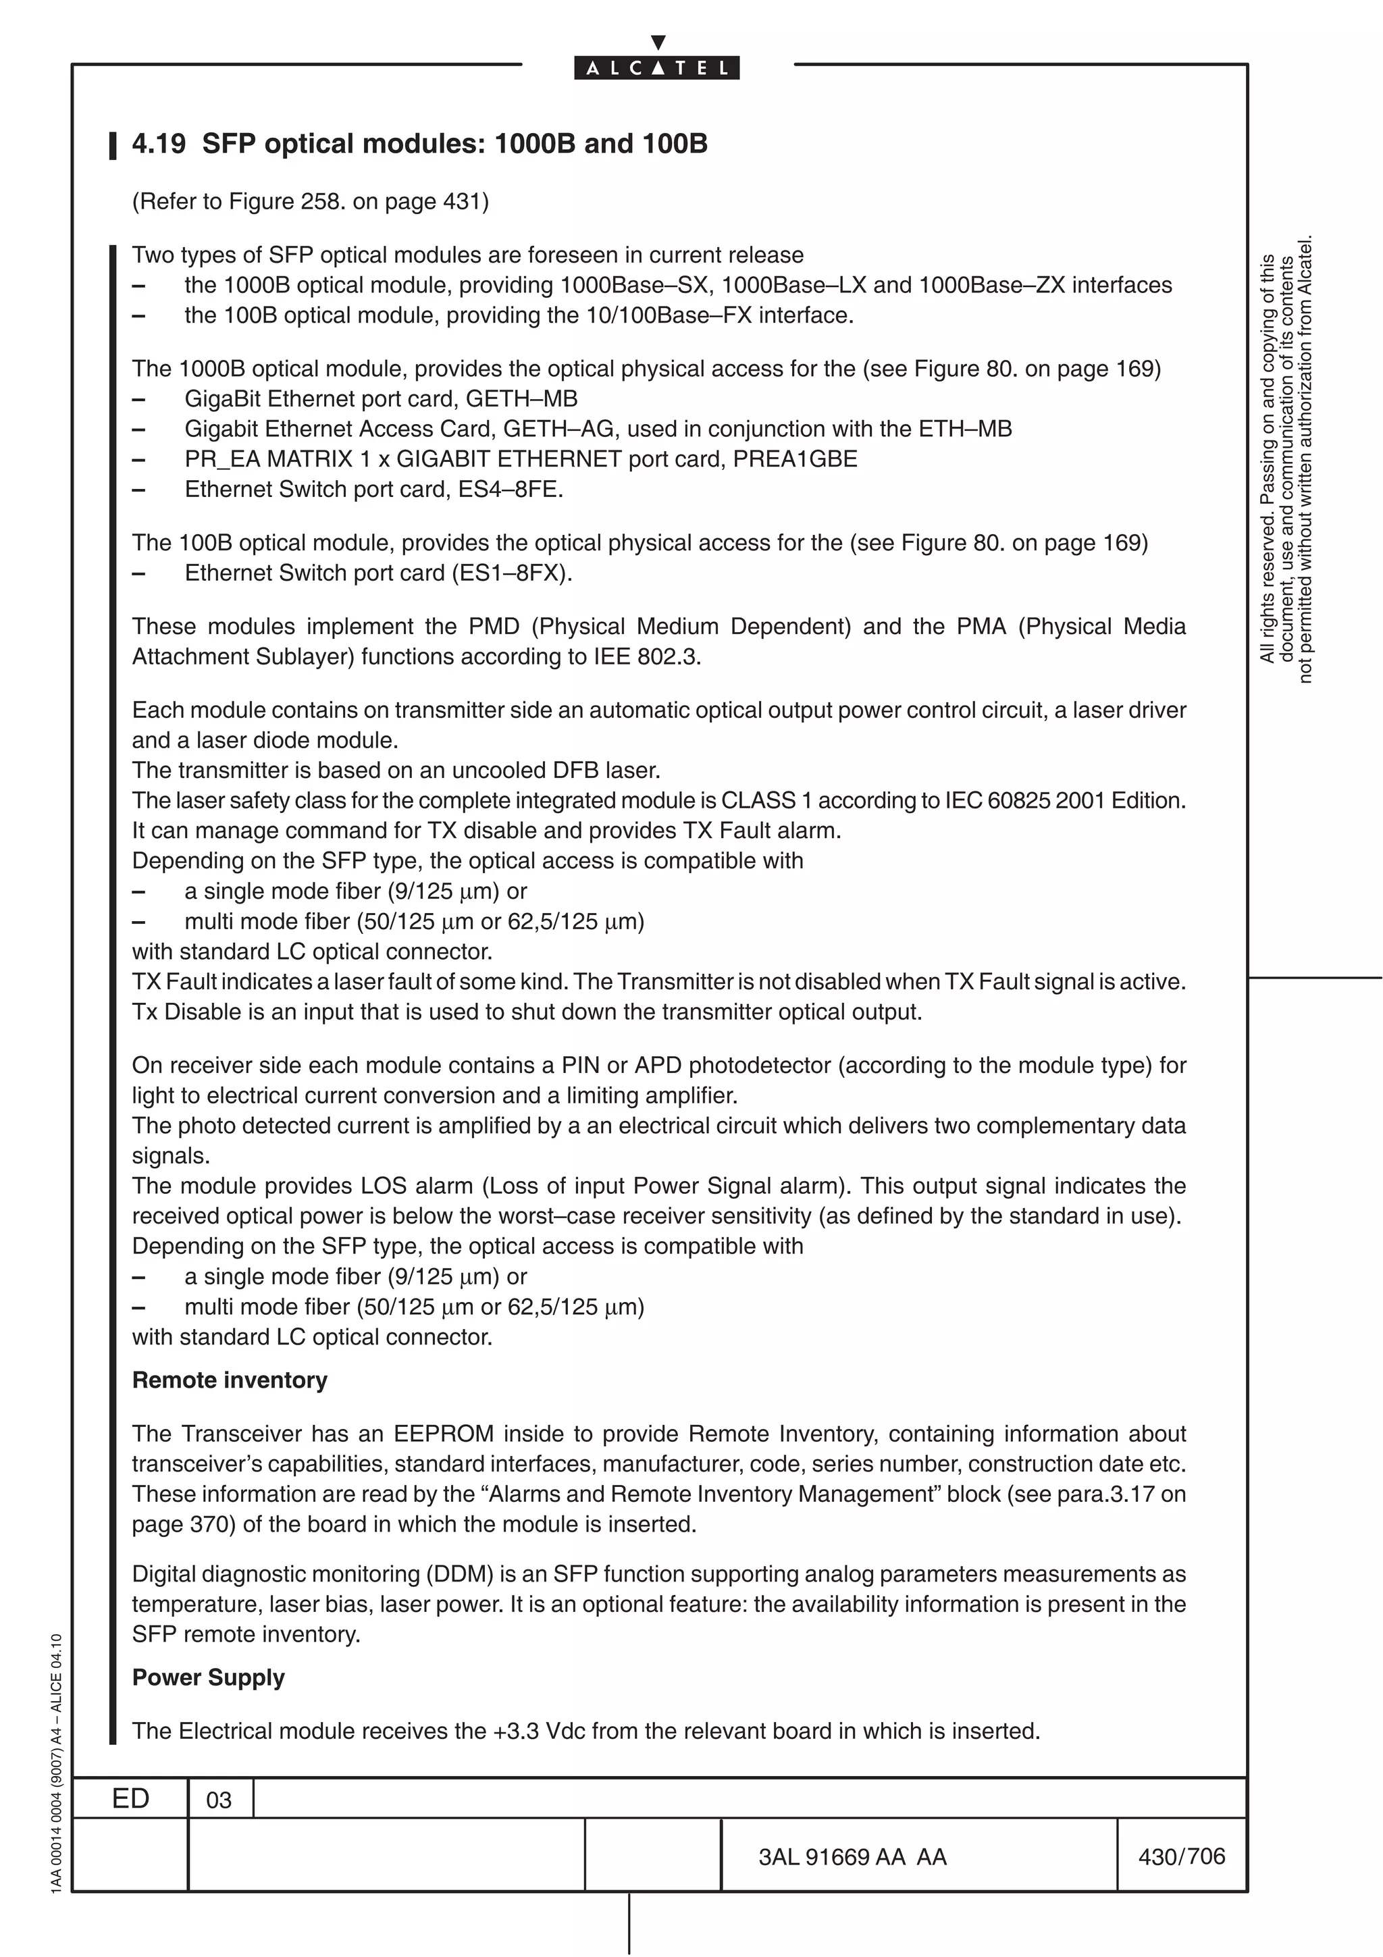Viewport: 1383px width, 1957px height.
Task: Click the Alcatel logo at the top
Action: pyautogui.click(x=656, y=68)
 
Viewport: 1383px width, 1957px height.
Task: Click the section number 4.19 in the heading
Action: pyautogui.click(x=159, y=144)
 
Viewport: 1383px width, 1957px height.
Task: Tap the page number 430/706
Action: pyautogui.click(x=1181, y=1856)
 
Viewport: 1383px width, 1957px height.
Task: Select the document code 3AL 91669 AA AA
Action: pyautogui.click(x=852, y=1856)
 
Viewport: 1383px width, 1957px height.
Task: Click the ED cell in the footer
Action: pyautogui.click(x=130, y=1798)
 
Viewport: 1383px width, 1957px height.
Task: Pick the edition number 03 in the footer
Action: pyautogui.click(x=219, y=1800)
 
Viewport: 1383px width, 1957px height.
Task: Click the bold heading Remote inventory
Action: pyautogui.click(x=229, y=1380)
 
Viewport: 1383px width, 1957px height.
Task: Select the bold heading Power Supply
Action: pyautogui.click(x=208, y=1677)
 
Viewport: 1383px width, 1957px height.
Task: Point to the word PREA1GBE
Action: pyautogui.click(x=794, y=459)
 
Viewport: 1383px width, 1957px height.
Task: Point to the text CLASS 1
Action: pyautogui.click(x=758, y=800)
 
